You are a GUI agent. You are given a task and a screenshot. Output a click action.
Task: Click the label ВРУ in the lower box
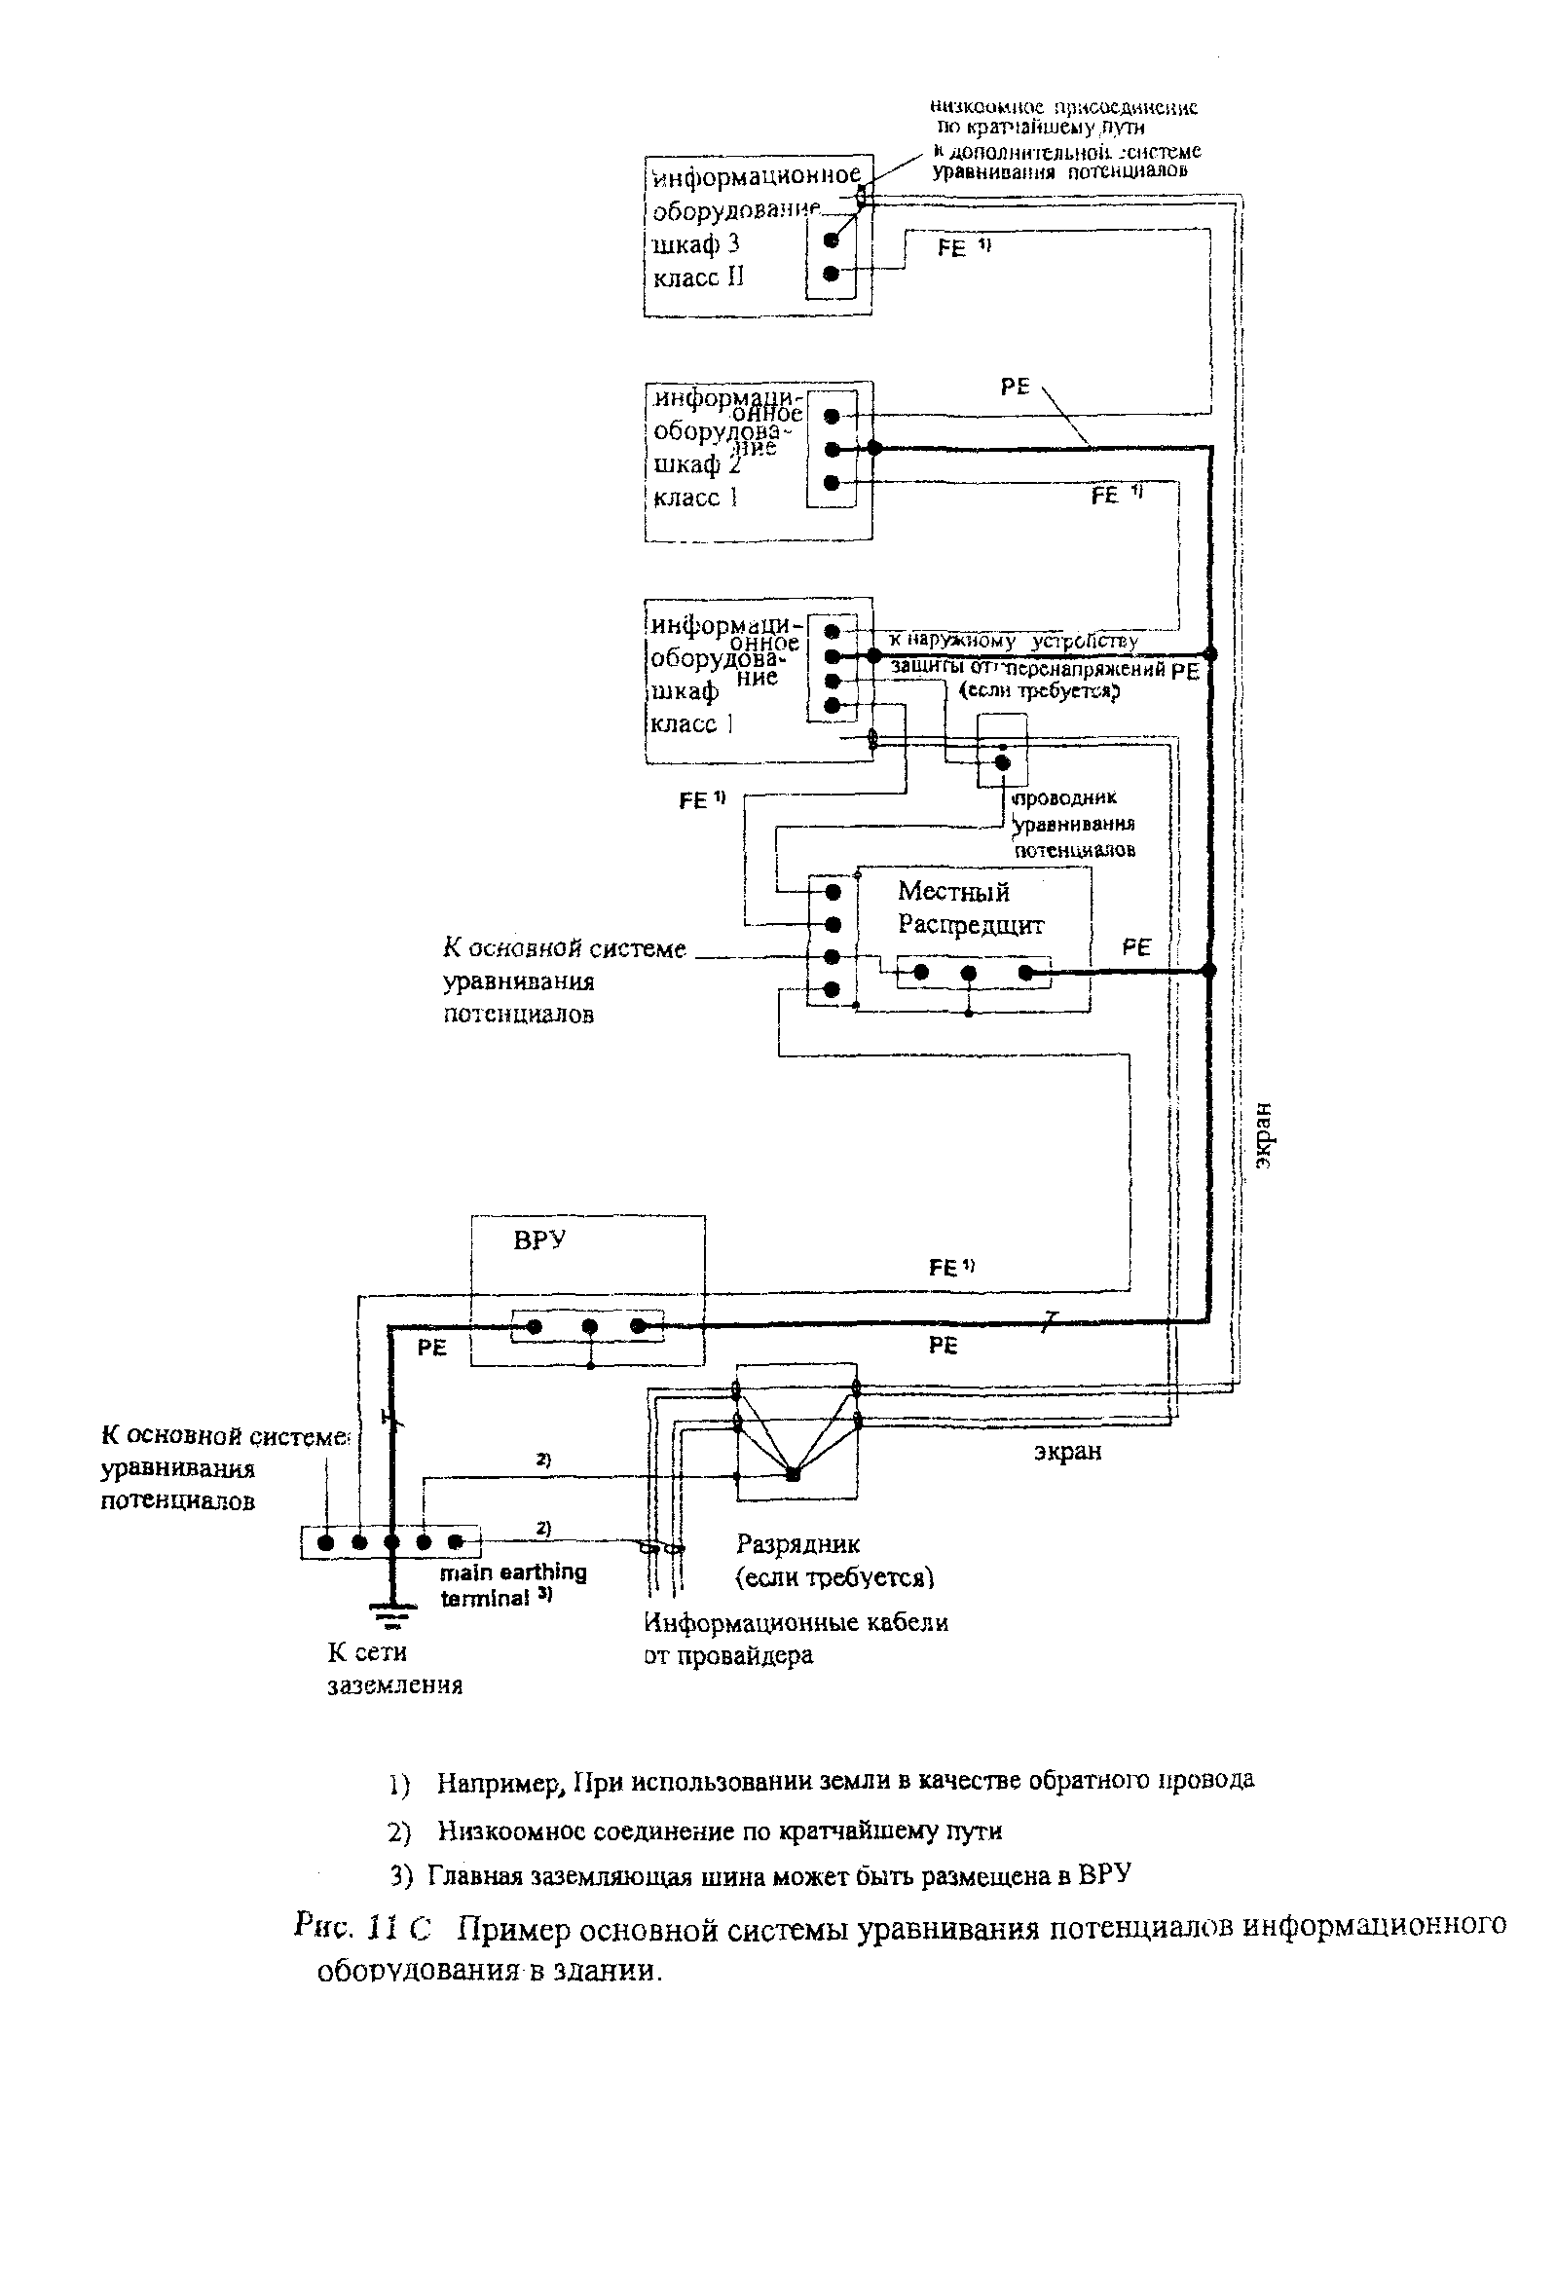click(x=538, y=1240)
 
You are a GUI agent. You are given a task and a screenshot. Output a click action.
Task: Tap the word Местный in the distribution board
click(x=952, y=892)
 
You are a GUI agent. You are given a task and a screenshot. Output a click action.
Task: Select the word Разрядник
click(x=797, y=1544)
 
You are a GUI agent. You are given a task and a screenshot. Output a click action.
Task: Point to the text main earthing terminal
click(x=512, y=1584)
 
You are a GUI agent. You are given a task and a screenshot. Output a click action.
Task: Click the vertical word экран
click(x=1264, y=1135)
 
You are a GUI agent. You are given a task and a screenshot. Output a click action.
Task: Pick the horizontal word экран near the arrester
click(x=1067, y=1453)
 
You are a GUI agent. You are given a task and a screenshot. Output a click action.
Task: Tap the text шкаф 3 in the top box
click(x=695, y=243)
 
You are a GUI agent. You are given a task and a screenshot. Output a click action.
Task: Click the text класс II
click(x=697, y=277)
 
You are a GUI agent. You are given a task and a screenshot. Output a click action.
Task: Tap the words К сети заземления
click(x=394, y=1668)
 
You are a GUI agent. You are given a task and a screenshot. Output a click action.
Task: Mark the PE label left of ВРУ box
click(x=431, y=1348)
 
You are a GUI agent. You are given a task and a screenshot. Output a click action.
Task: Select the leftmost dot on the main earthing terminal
click(x=326, y=1542)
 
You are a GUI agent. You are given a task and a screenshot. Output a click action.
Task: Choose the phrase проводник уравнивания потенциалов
click(x=1073, y=823)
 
